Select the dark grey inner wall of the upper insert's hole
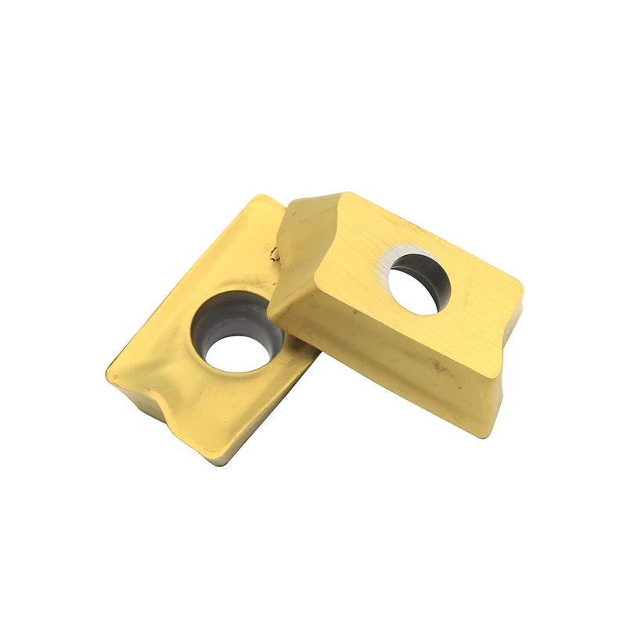click(435, 278)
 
